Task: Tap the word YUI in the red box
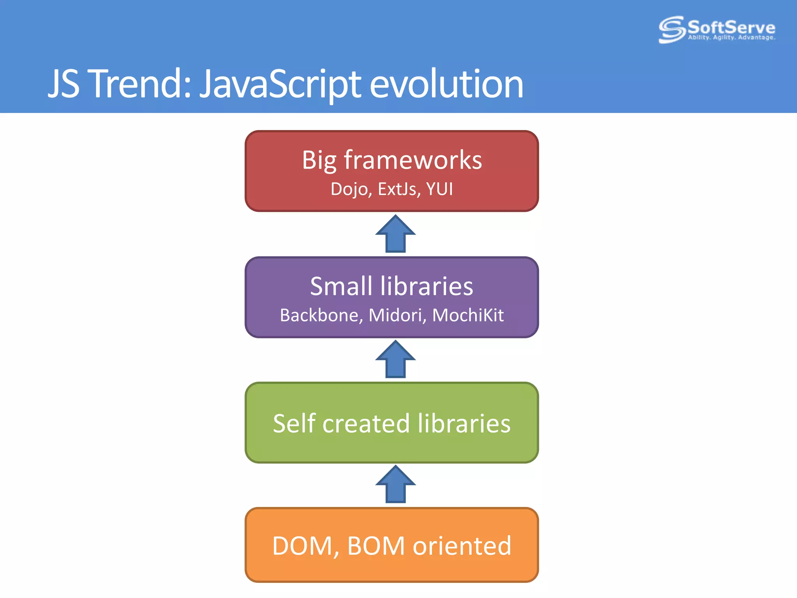(x=439, y=189)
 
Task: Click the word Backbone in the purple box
(x=321, y=315)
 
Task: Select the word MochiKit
(x=468, y=315)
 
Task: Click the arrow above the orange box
(x=395, y=485)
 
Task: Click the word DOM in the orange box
(x=302, y=546)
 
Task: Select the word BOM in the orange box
(x=376, y=546)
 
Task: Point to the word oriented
(x=462, y=546)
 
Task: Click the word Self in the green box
(x=294, y=424)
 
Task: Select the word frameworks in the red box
(x=413, y=160)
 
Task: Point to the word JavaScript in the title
(x=280, y=84)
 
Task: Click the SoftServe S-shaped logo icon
(x=672, y=29)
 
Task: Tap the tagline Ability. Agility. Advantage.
(x=731, y=38)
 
